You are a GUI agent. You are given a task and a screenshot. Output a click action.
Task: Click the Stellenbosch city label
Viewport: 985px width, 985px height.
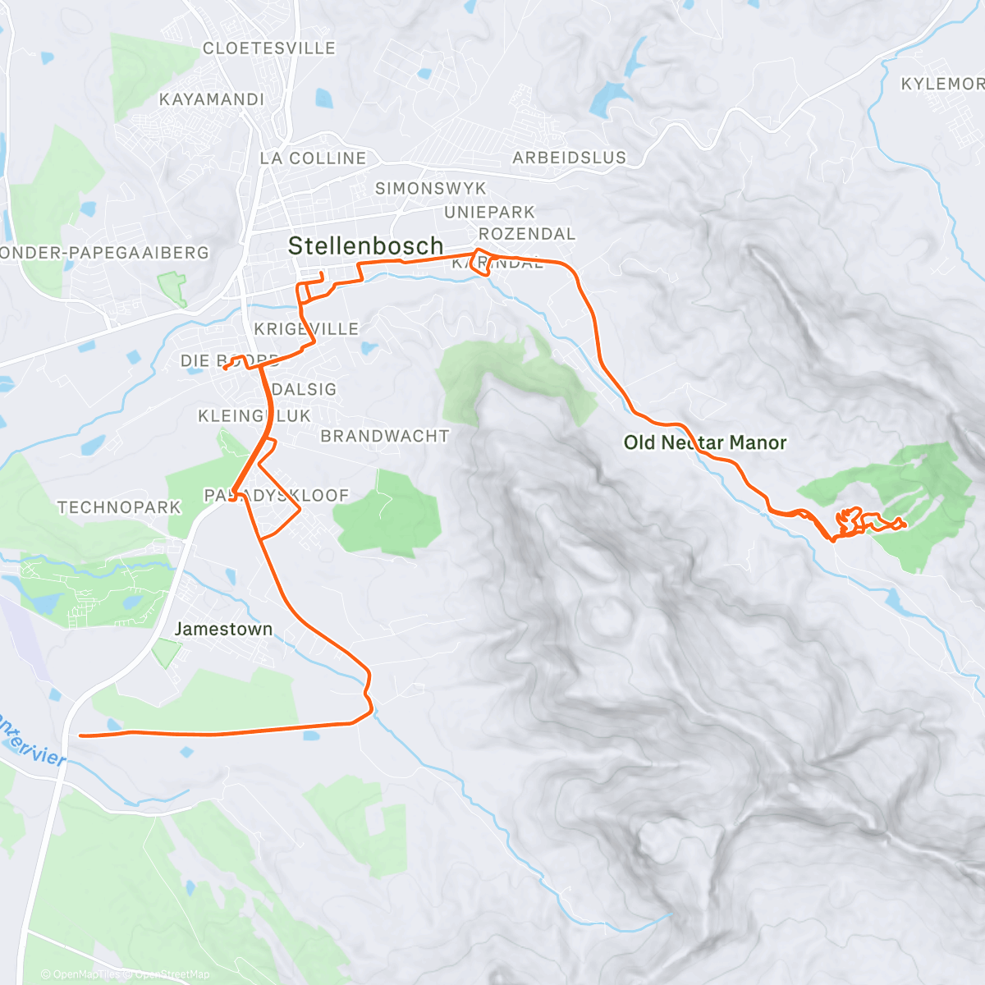tap(365, 245)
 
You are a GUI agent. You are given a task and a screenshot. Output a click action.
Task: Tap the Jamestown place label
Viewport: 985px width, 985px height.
tap(223, 629)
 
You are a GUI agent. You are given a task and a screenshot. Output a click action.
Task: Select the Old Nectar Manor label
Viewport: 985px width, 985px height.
tap(704, 442)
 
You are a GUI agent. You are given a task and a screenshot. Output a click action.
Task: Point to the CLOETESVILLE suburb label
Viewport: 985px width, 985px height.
tap(269, 48)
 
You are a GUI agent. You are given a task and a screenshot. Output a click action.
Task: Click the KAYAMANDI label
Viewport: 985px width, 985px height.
tap(212, 99)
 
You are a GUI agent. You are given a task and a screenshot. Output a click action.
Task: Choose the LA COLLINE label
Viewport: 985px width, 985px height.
tap(313, 158)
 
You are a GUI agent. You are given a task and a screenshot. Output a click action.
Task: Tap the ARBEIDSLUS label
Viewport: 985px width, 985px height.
tap(569, 158)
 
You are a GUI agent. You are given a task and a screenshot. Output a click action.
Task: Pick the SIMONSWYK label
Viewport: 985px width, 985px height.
tap(431, 189)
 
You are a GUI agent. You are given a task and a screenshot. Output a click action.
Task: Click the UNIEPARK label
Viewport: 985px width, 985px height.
tap(489, 213)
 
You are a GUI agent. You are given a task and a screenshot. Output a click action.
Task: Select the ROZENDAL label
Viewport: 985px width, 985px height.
tap(527, 234)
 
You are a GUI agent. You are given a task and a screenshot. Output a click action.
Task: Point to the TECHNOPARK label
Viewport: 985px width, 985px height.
tap(119, 507)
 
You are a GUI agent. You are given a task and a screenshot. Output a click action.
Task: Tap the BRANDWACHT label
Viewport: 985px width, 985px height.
tap(385, 436)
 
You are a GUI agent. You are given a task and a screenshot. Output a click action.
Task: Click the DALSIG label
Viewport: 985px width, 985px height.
tap(304, 389)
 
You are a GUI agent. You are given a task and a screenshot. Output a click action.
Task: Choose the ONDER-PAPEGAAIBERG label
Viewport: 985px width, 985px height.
tap(104, 253)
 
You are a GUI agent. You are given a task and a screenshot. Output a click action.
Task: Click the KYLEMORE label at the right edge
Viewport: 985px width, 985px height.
tap(942, 84)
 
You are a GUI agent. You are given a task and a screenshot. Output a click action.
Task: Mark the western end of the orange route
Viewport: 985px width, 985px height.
tap(81, 735)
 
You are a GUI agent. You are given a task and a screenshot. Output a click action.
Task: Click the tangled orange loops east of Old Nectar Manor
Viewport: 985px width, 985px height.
tap(854, 522)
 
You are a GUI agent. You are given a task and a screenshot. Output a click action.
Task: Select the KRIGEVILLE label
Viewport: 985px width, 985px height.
tap(306, 329)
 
